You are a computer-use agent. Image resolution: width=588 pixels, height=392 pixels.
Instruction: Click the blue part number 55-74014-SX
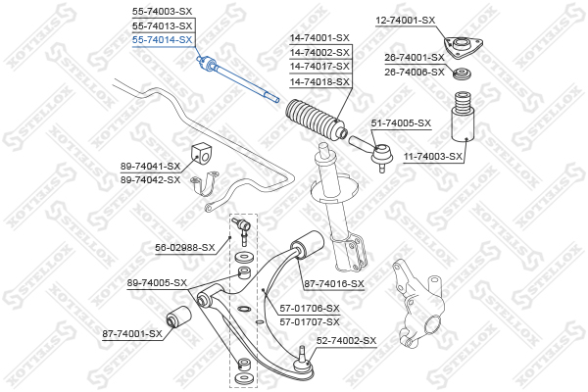(x=162, y=40)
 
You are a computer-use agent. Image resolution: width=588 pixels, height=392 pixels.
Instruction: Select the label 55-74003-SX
(x=162, y=12)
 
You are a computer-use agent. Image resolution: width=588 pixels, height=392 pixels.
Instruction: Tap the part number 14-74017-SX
(x=319, y=67)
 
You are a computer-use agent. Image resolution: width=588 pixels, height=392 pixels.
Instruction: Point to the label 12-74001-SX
(x=406, y=21)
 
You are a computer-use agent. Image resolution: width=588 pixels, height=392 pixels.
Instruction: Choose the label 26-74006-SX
(x=415, y=72)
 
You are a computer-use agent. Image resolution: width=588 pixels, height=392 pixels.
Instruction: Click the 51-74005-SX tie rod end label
(x=401, y=123)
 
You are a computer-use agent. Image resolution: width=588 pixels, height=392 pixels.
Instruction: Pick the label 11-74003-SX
(x=433, y=156)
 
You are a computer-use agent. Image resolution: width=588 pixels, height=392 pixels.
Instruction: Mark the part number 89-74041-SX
(x=150, y=166)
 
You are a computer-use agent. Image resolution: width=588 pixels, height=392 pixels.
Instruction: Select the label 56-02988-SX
(x=185, y=248)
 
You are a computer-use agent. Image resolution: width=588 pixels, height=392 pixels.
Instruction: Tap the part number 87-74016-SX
(x=334, y=284)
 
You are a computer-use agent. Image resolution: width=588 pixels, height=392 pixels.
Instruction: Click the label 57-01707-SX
(x=310, y=321)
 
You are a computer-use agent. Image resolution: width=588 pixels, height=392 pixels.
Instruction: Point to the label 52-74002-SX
(x=346, y=341)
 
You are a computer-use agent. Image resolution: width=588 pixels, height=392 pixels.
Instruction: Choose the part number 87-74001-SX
(x=132, y=333)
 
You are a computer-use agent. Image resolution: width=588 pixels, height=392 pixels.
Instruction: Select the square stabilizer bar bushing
(x=202, y=155)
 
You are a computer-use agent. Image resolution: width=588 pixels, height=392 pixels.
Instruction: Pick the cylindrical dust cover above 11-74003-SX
(x=463, y=118)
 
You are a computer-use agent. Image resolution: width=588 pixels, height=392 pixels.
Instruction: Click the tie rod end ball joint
(x=382, y=156)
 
